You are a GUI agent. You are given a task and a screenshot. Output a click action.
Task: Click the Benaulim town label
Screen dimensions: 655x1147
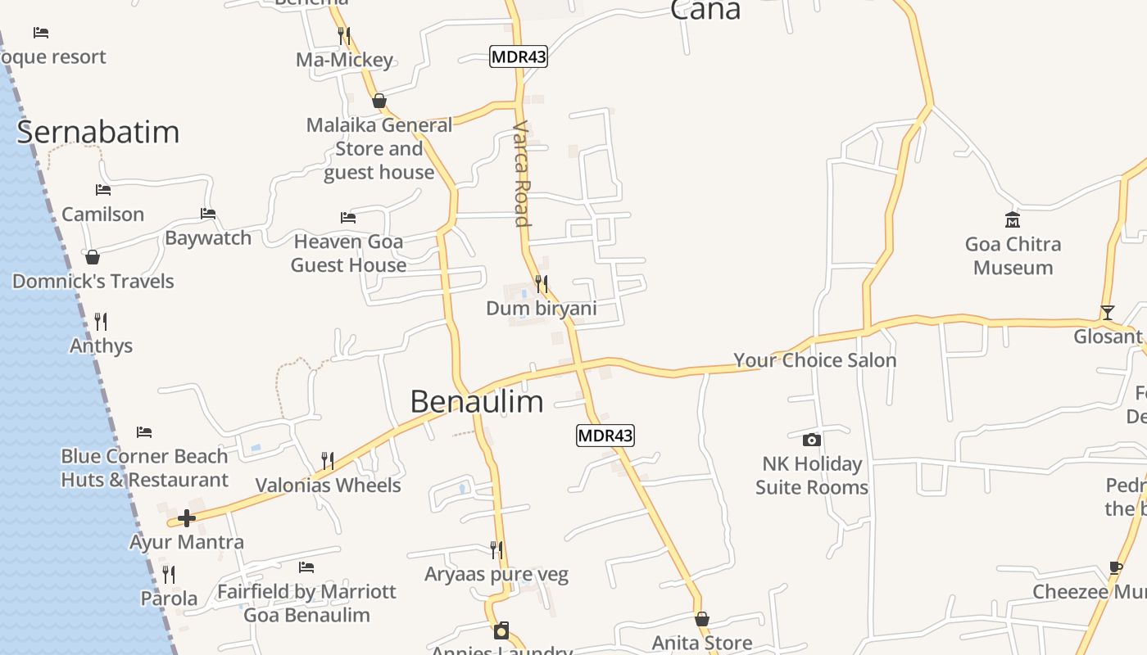point(476,401)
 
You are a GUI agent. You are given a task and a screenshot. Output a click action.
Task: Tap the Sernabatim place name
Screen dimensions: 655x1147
point(97,132)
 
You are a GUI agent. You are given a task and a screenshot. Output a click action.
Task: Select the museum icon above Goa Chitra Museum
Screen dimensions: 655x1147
point(1013,219)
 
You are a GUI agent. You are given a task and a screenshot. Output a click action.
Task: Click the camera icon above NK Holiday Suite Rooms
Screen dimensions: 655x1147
point(811,440)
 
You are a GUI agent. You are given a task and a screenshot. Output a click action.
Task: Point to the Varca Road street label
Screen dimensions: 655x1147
point(521,174)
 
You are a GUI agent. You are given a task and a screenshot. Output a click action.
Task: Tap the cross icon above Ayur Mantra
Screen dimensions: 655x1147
point(187,517)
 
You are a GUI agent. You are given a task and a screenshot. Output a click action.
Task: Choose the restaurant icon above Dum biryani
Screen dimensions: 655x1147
point(541,284)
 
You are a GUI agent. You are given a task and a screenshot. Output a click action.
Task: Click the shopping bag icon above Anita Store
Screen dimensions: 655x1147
point(702,619)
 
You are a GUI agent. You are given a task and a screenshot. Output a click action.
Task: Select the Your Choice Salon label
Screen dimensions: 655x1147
point(814,360)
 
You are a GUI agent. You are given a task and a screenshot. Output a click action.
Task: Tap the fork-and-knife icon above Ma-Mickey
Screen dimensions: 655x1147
point(344,35)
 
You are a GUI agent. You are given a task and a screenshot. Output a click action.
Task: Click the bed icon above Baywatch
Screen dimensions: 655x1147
point(208,214)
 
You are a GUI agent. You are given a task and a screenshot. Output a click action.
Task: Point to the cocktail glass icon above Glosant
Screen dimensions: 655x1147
point(1108,312)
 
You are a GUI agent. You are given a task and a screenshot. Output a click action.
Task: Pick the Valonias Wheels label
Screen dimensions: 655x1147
point(328,485)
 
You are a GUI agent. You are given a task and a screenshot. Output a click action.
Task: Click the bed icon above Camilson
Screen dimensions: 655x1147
point(103,189)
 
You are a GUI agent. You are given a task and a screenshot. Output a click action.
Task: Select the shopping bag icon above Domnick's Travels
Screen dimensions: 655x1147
point(93,257)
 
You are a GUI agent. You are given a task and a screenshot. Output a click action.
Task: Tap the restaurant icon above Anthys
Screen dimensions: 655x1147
point(101,321)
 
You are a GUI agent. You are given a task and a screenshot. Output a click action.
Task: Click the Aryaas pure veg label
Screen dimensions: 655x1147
point(496,575)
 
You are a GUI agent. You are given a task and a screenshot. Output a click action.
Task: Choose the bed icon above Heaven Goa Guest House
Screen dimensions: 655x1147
point(348,217)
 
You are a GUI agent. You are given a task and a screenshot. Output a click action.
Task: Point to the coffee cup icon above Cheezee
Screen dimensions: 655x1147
point(1115,567)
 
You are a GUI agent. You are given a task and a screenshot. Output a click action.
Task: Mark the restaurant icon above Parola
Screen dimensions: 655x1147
point(169,574)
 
